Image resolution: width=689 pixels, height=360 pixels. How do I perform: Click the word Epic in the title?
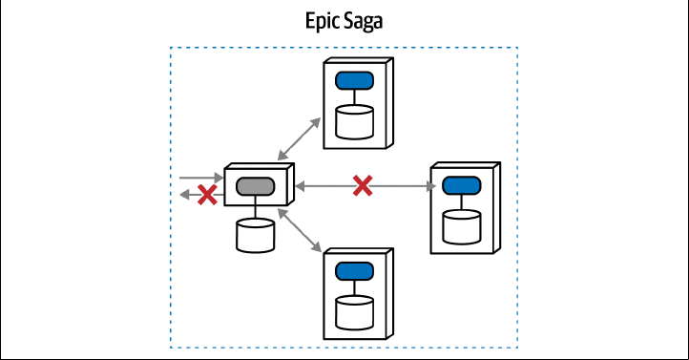pyautogui.click(x=322, y=21)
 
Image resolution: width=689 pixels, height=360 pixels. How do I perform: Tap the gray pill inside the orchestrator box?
pyautogui.click(x=256, y=186)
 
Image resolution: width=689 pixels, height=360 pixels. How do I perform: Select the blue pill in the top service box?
pyautogui.click(x=355, y=81)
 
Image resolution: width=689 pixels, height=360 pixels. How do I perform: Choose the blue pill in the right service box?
pyautogui.click(x=461, y=185)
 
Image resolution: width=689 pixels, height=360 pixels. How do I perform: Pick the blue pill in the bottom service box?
pyautogui.click(x=355, y=271)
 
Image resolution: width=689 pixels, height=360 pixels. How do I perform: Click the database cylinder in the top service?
pyautogui.click(x=355, y=122)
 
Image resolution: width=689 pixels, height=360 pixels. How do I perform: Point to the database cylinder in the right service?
pyautogui.click(x=461, y=227)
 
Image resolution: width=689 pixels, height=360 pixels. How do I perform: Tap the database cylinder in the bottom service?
pyautogui.click(x=355, y=313)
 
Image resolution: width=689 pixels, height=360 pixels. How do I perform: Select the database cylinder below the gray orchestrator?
pyautogui.click(x=256, y=235)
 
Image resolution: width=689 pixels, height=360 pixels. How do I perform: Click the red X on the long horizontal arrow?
pyautogui.click(x=363, y=185)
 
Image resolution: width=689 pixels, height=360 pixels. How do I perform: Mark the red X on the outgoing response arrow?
pyautogui.click(x=207, y=195)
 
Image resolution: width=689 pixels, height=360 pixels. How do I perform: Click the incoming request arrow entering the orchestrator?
pyautogui.click(x=201, y=178)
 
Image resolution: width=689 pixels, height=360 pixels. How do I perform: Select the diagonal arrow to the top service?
pyautogui.click(x=300, y=138)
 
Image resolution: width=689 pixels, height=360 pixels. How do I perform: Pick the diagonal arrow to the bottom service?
pyautogui.click(x=300, y=230)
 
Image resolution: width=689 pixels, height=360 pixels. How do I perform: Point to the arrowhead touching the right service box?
pyautogui.click(x=430, y=186)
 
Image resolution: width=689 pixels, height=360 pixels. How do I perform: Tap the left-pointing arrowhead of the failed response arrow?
pyautogui.click(x=185, y=194)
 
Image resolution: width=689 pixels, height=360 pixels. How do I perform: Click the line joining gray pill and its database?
pyautogui.click(x=256, y=207)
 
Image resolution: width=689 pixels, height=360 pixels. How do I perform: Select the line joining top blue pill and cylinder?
pyautogui.click(x=355, y=97)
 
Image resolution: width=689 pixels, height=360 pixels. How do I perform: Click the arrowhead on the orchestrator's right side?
pyautogui.click(x=300, y=186)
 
